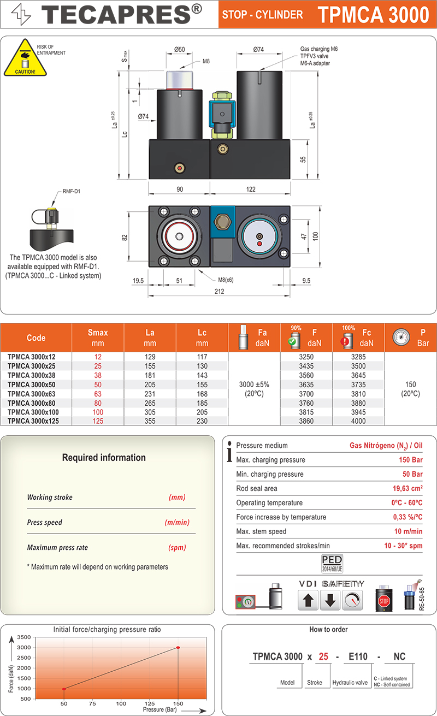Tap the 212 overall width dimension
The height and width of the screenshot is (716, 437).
219,291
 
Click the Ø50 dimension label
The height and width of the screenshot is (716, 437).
180,50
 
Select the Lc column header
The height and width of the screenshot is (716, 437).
202,338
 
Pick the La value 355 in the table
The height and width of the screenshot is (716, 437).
150,421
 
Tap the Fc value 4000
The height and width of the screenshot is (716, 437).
358,421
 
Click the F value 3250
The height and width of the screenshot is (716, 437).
306,357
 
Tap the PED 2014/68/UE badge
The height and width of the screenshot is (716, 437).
332,563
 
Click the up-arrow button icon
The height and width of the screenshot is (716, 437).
308,600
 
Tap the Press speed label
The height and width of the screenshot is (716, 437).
45,522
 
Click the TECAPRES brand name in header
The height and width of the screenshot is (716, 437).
122,14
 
